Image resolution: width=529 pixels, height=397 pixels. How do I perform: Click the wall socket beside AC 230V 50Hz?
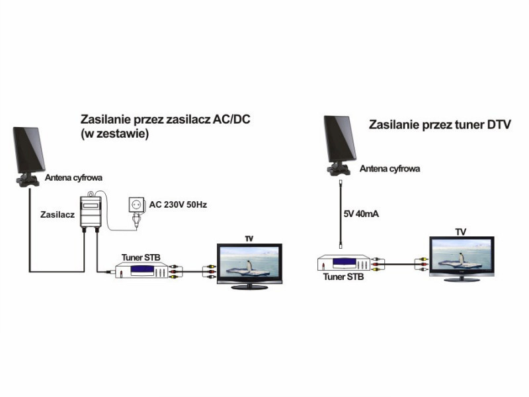pyautogui.click(x=137, y=205)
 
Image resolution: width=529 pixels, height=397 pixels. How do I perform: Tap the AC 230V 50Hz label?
pyautogui.click(x=178, y=204)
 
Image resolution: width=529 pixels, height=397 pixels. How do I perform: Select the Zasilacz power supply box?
pyautogui.click(x=91, y=212)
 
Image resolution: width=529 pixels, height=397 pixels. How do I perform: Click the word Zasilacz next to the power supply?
pyautogui.click(x=58, y=214)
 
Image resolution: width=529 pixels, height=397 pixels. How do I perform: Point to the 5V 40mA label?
pyautogui.click(x=361, y=214)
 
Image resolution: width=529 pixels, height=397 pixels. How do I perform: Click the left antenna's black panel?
pyautogui.click(x=28, y=150)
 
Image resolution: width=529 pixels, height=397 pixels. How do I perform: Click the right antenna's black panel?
pyautogui.click(x=340, y=138)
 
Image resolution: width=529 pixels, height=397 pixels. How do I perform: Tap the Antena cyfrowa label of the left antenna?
pyautogui.click(x=73, y=177)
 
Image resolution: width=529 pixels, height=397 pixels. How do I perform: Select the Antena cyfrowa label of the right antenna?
pyautogui.click(x=389, y=169)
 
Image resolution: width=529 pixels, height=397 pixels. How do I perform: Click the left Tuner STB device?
pyautogui.click(x=142, y=271)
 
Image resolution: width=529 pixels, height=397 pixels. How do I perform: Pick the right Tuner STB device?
pyautogui.click(x=344, y=263)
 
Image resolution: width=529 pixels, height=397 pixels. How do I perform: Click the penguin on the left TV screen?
pyautogui.click(x=249, y=267)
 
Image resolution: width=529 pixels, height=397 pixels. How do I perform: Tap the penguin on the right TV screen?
pyautogui.click(x=462, y=258)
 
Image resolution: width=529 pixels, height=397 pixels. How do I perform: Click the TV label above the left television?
pyautogui.click(x=249, y=239)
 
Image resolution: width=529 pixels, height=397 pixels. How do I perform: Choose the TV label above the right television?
pyautogui.click(x=461, y=232)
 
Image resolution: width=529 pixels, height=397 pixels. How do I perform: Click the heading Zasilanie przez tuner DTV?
pyautogui.click(x=440, y=124)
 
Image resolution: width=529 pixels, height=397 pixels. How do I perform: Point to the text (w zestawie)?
pyautogui.click(x=114, y=134)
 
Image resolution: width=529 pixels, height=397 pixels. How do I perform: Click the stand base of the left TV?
pyautogui.click(x=249, y=287)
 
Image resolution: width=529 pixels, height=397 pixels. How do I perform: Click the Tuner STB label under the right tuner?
pyautogui.click(x=343, y=277)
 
